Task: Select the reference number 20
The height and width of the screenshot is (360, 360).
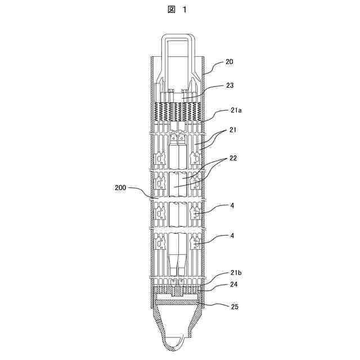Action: [229, 61]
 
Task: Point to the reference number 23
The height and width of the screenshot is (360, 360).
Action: [229, 85]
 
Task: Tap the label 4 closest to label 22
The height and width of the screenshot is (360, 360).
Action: [232, 206]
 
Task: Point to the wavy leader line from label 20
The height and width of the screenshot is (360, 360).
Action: [214, 66]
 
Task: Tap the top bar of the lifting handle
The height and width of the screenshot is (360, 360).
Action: [179, 37]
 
